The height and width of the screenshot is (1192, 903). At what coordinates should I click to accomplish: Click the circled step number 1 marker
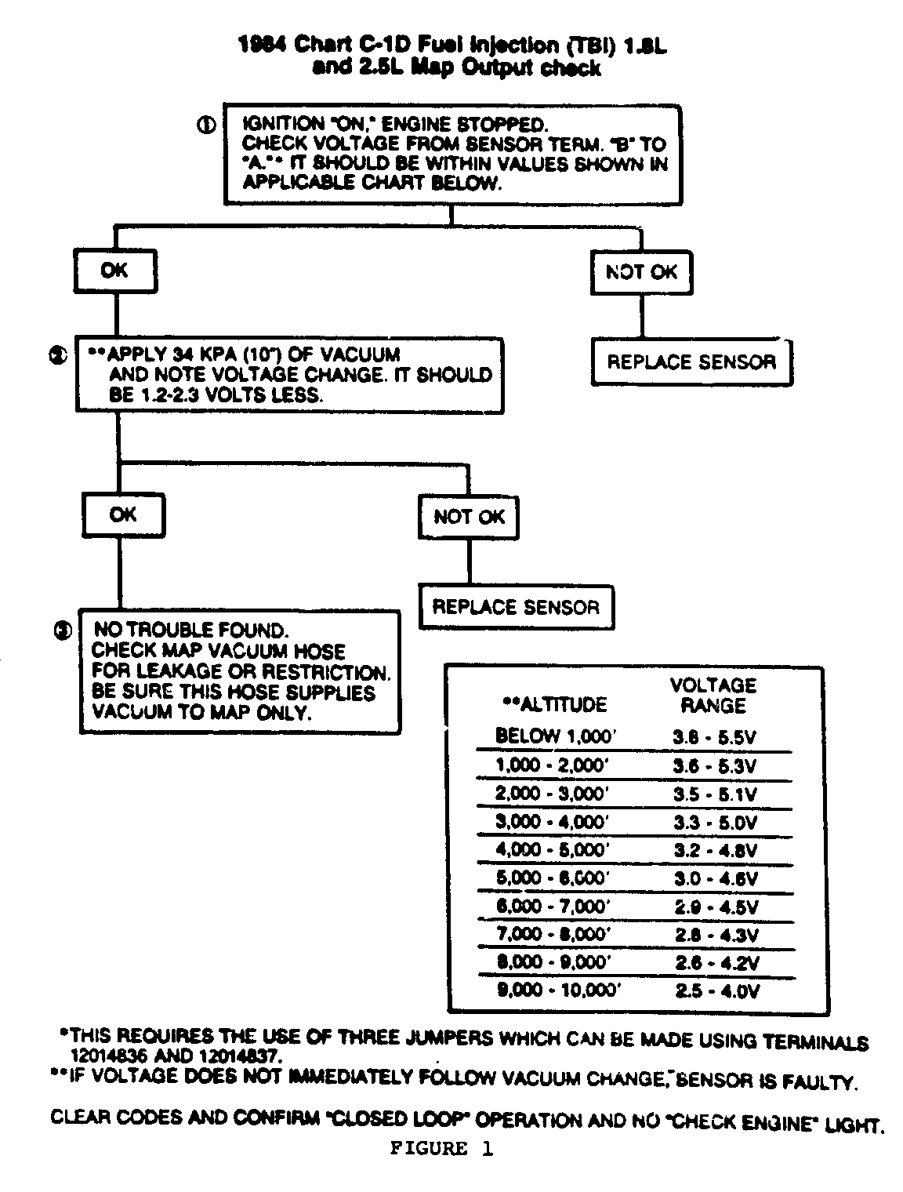tap(206, 125)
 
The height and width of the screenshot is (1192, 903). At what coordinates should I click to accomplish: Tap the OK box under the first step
tap(115, 271)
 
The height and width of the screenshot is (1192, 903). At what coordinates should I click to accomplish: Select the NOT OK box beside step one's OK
tap(641, 272)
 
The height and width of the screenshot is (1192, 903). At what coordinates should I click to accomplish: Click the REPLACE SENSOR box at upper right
tap(691, 362)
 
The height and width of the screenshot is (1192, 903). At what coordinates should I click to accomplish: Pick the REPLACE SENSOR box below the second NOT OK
tap(516, 607)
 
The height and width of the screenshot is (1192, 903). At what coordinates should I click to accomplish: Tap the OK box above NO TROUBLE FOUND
tap(123, 515)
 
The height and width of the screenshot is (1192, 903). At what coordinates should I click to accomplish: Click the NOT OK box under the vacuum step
tap(469, 517)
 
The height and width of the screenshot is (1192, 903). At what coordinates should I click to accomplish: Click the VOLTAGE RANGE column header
tap(713, 696)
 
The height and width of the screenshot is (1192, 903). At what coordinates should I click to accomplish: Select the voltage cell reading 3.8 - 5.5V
tap(715, 738)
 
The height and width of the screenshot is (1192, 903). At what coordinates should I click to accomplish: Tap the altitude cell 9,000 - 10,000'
tap(558, 990)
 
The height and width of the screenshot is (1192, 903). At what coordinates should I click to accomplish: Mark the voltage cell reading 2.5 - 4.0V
tap(716, 991)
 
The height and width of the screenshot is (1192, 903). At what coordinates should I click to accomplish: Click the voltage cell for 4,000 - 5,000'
tap(715, 851)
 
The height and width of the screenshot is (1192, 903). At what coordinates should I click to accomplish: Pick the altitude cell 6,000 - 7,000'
tap(553, 907)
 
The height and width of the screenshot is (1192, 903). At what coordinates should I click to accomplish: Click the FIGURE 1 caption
tap(442, 1150)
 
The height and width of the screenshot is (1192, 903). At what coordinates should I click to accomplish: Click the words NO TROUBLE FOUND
tap(190, 630)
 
